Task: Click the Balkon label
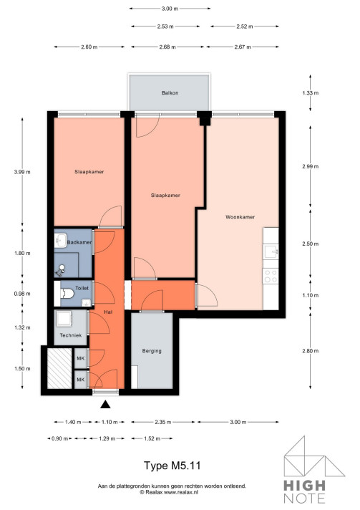170,93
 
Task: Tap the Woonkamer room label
240,216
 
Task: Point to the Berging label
152,351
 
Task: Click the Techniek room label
70,336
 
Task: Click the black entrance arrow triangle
104,405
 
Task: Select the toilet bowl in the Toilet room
66,293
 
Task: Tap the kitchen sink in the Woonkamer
271,251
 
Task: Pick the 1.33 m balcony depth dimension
310,93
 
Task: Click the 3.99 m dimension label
21,172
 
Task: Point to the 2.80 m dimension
310,351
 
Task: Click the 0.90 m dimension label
59,438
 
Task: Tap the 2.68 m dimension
169,48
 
